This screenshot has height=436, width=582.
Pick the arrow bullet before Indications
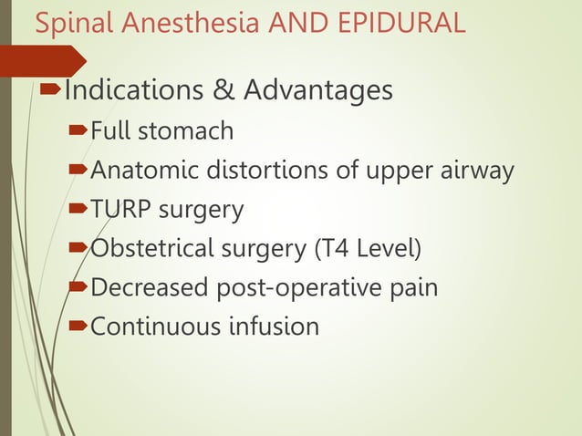[x=52, y=90]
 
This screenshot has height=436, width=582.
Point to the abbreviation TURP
[x=118, y=210]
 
